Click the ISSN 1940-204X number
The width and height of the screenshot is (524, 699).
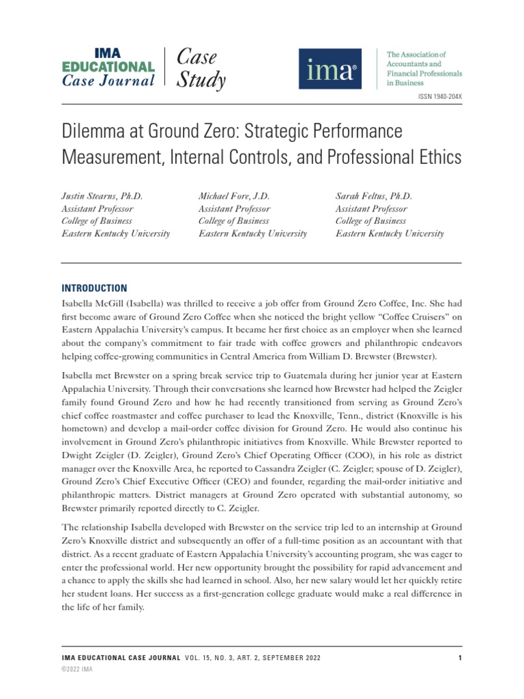coord(439,98)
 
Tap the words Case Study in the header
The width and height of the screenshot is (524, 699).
coord(201,69)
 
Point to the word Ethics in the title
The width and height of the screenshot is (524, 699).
coord(433,158)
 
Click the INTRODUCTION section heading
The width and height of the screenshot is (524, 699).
coord(94,288)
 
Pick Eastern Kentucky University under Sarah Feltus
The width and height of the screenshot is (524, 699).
coord(390,233)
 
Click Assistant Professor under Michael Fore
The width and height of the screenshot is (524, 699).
coord(234,209)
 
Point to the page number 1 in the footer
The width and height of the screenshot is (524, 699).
coord(461,658)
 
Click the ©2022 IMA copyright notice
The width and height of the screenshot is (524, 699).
coord(77,670)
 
